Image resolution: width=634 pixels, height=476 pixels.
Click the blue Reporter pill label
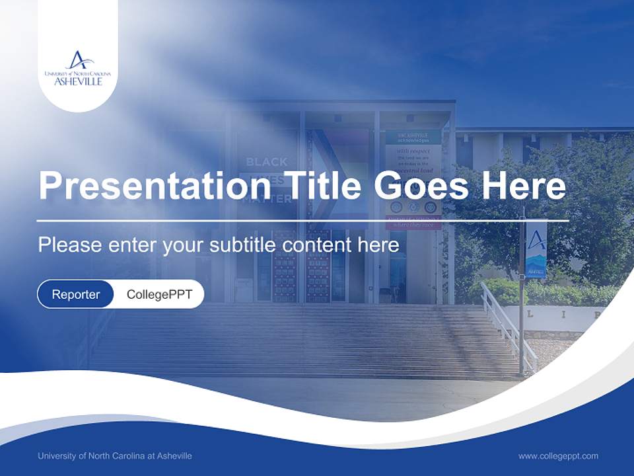tap(76, 294)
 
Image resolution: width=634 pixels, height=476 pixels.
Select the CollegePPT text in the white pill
tap(159, 294)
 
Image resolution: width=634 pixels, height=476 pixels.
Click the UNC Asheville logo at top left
tap(78, 68)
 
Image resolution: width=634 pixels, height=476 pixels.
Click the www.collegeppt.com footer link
tap(558, 456)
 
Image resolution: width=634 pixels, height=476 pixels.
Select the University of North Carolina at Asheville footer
tap(115, 456)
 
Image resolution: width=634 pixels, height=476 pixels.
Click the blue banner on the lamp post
tap(536, 250)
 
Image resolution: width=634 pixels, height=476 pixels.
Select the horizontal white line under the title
tap(302, 220)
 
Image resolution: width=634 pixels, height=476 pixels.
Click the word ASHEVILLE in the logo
tap(78, 81)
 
